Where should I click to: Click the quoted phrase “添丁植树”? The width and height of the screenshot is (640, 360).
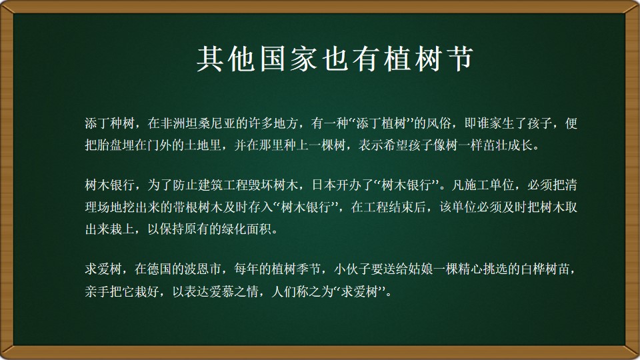[381, 123]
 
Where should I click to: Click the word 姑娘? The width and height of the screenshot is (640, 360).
[421, 269]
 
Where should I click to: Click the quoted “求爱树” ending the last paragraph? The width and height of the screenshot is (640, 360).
[359, 291]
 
